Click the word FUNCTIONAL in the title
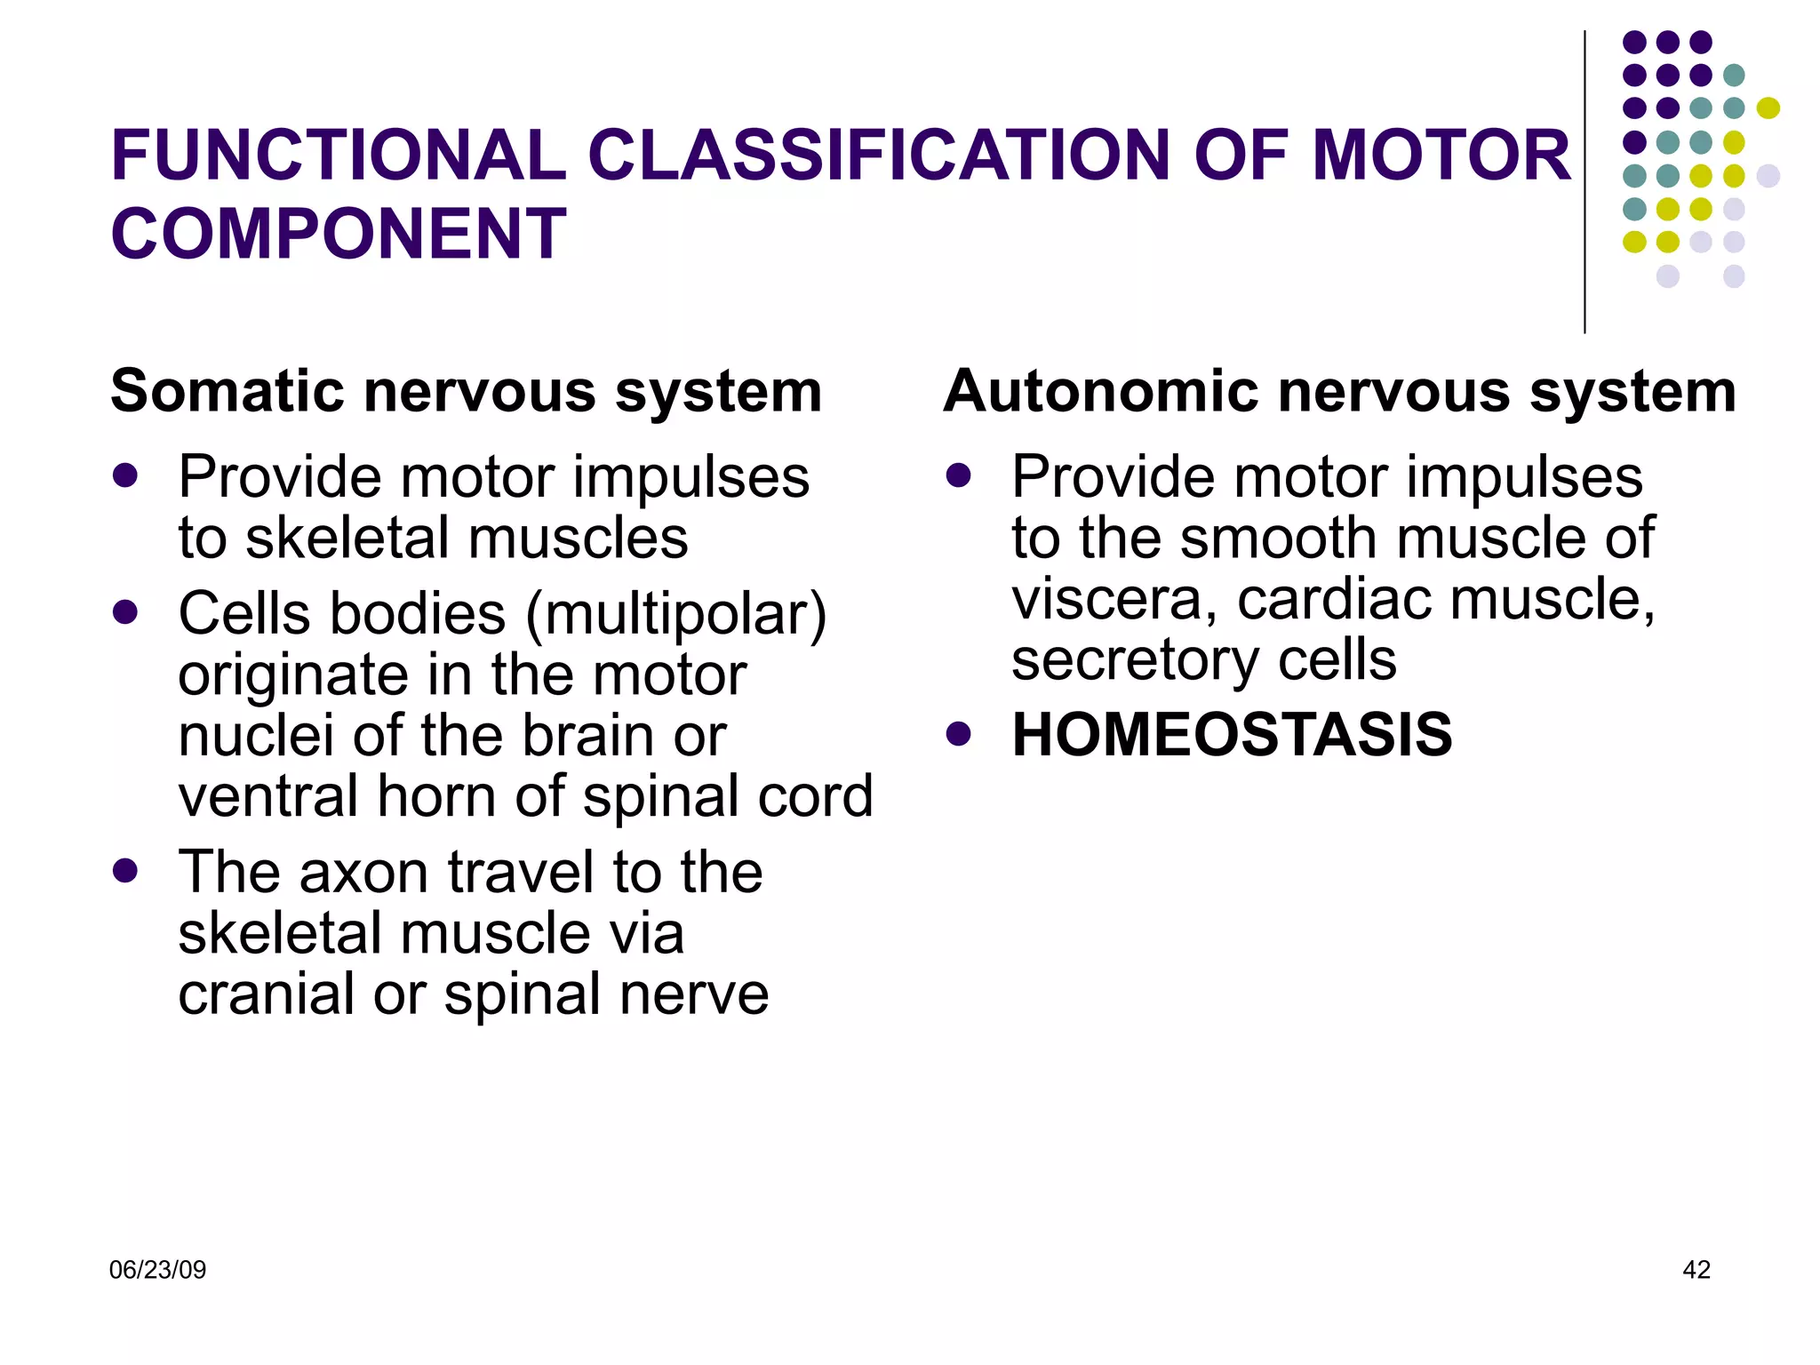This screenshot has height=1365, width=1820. click(x=339, y=156)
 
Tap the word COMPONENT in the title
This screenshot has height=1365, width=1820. click(x=339, y=234)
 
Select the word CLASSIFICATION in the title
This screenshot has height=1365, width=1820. click(x=880, y=156)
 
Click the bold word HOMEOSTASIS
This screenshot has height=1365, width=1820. click(x=1232, y=735)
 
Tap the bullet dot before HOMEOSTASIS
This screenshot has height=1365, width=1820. click(x=958, y=734)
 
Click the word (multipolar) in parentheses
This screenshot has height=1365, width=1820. click(x=676, y=615)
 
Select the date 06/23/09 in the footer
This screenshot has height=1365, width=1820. click(x=157, y=1270)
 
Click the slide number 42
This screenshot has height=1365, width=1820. click(x=1696, y=1270)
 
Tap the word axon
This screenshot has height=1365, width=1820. click(x=365, y=872)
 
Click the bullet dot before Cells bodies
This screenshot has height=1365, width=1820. click(x=125, y=612)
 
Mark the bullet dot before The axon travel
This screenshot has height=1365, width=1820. click(x=125, y=871)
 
